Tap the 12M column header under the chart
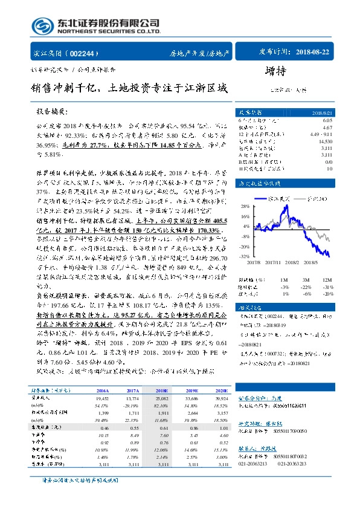point(328,279)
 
